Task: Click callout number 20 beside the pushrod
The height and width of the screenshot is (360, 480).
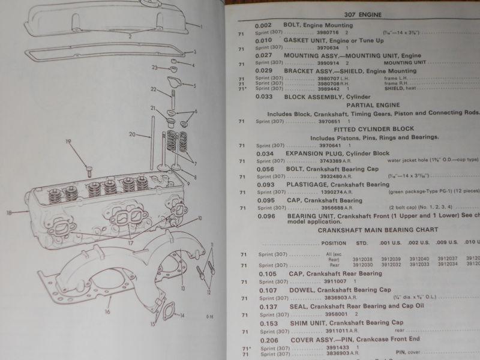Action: pyautogui.click(x=131, y=136)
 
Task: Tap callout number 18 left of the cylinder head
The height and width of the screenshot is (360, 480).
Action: pyautogui.click(x=9, y=212)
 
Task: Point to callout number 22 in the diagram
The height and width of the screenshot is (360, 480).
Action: pyautogui.click(x=153, y=90)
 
